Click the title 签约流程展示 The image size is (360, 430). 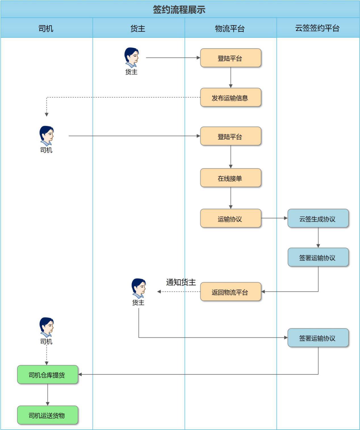coord(179,10)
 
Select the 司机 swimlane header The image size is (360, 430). coord(46,28)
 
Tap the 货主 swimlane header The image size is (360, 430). coord(138,28)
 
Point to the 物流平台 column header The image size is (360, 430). coord(230,28)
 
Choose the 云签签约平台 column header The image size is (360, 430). coord(317,28)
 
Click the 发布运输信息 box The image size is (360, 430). coord(230,98)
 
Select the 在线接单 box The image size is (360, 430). coord(230,178)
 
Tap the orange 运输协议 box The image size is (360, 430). coord(230,219)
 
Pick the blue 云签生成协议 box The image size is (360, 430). coord(318,219)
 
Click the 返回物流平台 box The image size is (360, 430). coord(230,292)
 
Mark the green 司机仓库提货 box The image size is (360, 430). coord(47,375)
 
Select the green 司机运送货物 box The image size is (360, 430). coord(47,415)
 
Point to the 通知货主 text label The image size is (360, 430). coord(181,282)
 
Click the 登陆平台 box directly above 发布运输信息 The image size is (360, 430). coord(230,58)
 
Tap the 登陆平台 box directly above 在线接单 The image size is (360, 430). coord(230,136)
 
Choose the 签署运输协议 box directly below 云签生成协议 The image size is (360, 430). coord(318,257)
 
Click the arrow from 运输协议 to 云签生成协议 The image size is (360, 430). coord(274,218)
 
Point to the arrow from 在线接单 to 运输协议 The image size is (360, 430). coord(231,198)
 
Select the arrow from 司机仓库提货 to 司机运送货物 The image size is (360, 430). coord(47,395)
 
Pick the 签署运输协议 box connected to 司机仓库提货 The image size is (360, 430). coord(318,338)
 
